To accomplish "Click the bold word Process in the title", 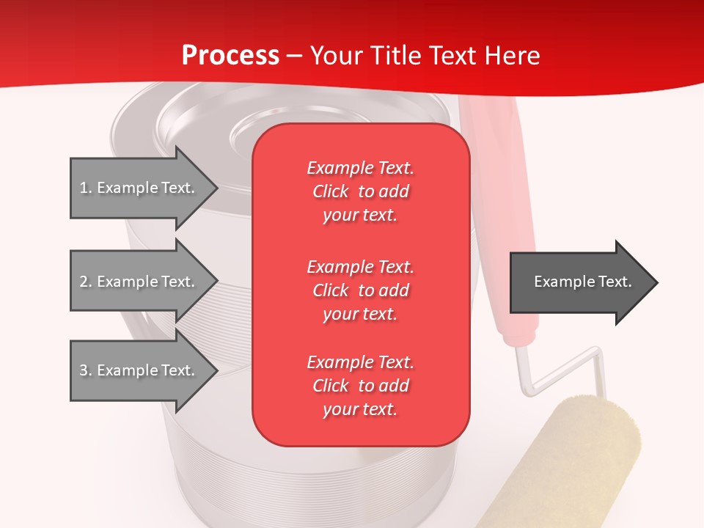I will click(230, 56).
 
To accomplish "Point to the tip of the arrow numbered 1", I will click(216, 188).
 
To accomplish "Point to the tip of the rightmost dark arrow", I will click(656, 282).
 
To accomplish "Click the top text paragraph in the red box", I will click(360, 191).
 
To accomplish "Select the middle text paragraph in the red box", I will click(360, 290).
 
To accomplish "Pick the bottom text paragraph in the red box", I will click(360, 386).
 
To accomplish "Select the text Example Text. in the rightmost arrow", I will click(583, 282).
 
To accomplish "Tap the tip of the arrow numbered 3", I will click(216, 370).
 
